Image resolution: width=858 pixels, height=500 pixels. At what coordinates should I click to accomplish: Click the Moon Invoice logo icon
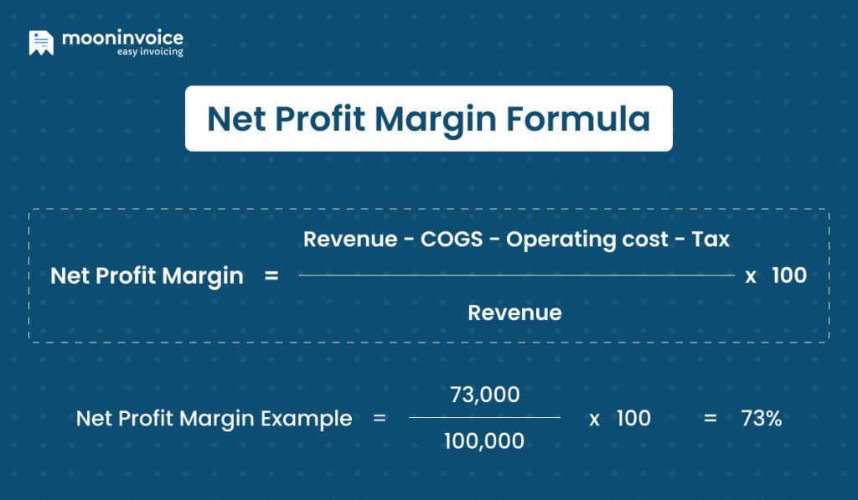pos(41,43)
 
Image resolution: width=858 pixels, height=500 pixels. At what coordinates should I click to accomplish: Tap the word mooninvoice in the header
pos(122,38)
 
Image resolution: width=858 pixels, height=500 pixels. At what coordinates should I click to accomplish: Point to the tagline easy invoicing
pos(149,52)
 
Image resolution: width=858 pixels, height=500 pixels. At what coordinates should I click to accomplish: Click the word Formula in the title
pos(578,119)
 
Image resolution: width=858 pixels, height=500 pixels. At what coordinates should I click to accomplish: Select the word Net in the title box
pos(230,119)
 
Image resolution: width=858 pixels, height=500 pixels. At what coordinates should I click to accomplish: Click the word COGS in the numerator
pos(452,240)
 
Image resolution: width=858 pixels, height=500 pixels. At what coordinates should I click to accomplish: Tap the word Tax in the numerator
pos(711,240)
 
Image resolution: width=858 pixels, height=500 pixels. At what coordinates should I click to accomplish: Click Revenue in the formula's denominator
pos(514,312)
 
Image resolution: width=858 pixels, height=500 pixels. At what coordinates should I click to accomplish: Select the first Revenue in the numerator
pos(350,240)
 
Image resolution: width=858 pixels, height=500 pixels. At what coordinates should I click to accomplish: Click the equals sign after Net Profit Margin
pos(271,276)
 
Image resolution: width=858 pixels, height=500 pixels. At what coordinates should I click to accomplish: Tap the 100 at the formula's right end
pos(788,276)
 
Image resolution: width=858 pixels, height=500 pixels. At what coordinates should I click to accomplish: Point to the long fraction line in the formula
pos(515,276)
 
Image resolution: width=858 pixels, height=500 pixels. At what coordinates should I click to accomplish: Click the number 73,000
pos(484,394)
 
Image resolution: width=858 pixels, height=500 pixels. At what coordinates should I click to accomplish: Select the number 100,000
pos(484,441)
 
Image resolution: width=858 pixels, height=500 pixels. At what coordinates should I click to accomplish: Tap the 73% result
pos(761,418)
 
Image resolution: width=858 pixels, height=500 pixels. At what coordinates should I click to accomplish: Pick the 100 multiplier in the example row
pos(633,418)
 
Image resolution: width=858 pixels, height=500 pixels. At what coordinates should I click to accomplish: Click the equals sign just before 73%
pos(711,418)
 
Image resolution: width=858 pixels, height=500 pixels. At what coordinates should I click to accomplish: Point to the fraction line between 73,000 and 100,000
pos(484,417)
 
